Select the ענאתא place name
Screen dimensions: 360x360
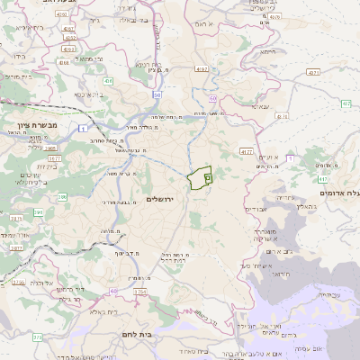click(260, 107)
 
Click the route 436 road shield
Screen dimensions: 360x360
click(108, 81)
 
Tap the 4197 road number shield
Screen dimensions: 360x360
click(201, 69)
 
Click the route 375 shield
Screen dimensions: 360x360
click(37, 337)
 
